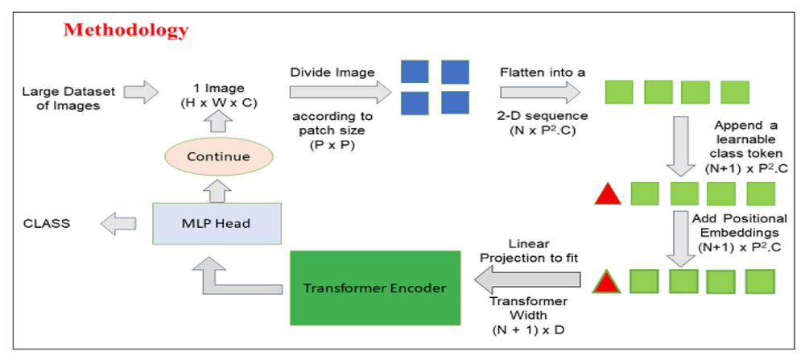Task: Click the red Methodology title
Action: pyautogui.click(x=126, y=31)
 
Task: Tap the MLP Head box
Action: pyautogui.click(x=217, y=223)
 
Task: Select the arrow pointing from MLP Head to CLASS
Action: pyautogui.click(x=119, y=223)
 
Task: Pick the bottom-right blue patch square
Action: pyautogui.click(x=455, y=103)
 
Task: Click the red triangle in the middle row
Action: pyautogui.click(x=607, y=194)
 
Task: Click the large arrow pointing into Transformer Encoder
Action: pyautogui.click(x=528, y=281)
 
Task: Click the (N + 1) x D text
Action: pyautogui.click(x=527, y=329)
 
